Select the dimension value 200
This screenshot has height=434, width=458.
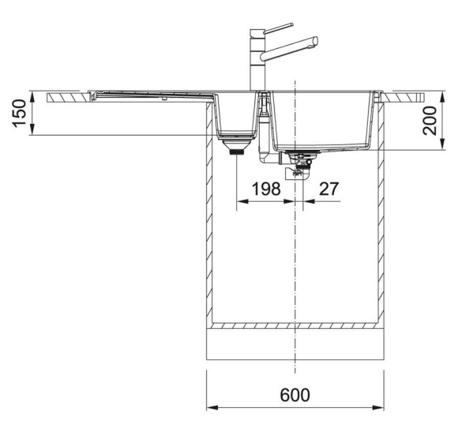pyautogui.click(x=430, y=123)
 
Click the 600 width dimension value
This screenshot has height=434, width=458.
pyautogui.click(x=294, y=393)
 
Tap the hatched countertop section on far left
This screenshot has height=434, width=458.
pyautogui.click(x=67, y=97)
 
